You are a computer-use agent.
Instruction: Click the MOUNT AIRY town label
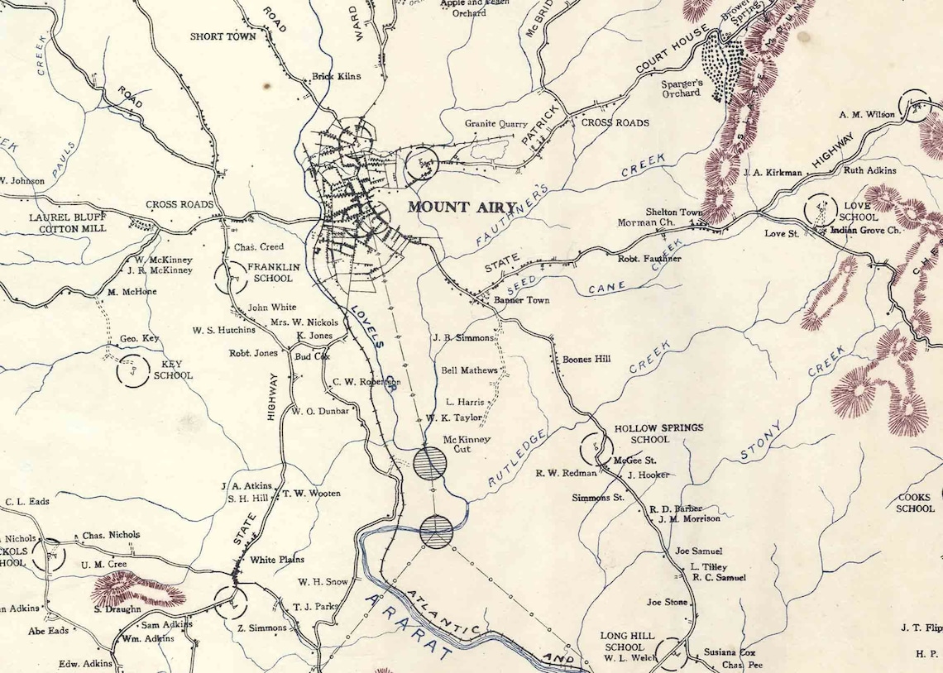click(x=462, y=208)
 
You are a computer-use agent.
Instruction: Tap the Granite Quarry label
click(x=495, y=124)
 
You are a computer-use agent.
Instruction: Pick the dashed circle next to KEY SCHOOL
click(x=131, y=370)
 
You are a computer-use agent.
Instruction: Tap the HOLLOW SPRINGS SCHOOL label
click(x=658, y=433)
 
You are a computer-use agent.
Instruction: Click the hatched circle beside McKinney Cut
click(x=430, y=463)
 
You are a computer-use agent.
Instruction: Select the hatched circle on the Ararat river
click(x=436, y=531)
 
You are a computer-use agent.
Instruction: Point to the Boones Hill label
click(x=586, y=360)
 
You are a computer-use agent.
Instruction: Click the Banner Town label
click(x=521, y=300)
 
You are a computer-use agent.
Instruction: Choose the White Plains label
click(x=277, y=560)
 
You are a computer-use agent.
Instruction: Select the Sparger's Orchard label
click(x=681, y=88)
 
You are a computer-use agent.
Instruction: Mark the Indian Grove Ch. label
click(x=865, y=230)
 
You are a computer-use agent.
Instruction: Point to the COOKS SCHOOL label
click(x=915, y=503)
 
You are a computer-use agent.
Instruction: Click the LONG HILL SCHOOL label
click(x=627, y=642)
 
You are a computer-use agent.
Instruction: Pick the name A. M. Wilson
click(x=867, y=115)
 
